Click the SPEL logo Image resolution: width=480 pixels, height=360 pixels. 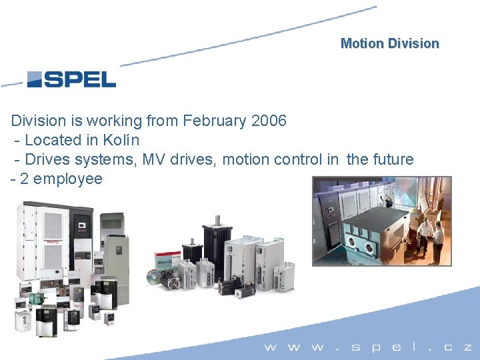[x=71, y=80]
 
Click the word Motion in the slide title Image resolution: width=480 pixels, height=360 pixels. [x=362, y=43]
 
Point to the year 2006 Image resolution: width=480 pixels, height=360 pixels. [x=268, y=121]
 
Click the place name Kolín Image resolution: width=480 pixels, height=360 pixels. [x=121, y=140]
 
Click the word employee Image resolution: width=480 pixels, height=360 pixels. [x=68, y=179]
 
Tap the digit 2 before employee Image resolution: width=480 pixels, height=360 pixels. [x=25, y=179]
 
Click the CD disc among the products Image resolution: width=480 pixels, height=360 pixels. [x=154, y=277]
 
